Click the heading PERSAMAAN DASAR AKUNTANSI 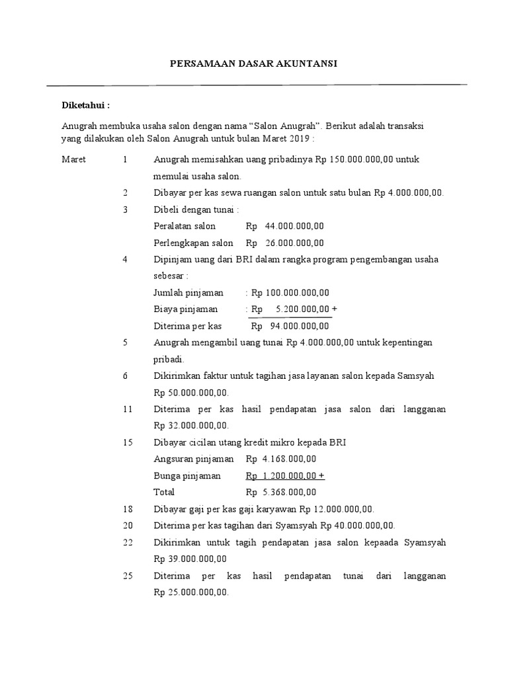click(253, 63)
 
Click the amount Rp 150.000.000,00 click(343, 160)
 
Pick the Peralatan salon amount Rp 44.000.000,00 click(285, 226)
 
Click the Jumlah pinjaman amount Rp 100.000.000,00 click(290, 293)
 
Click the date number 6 click(125, 376)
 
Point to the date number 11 click(128, 409)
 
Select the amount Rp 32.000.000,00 click(190, 426)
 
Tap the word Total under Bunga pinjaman click(164, 492)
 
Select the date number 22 click(128, 542)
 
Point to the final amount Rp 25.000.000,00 click(190, 592)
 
